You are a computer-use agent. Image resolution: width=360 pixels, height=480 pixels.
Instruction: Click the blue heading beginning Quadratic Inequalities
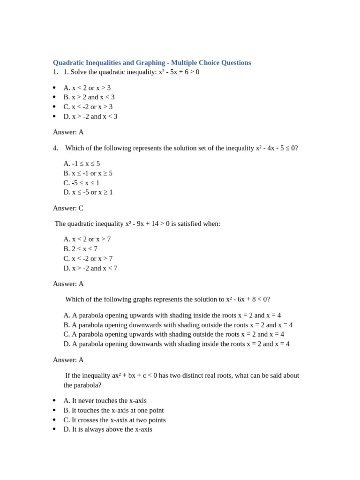click(152, 62)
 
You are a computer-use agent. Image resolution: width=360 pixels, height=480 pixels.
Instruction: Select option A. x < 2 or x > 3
click(87, 88)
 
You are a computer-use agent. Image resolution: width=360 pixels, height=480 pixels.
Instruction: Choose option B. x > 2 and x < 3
click(89, 97)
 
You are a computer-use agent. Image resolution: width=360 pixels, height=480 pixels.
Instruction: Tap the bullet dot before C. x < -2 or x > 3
click(54, 107)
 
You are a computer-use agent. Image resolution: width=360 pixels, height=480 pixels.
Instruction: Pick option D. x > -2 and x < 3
click(90, 116)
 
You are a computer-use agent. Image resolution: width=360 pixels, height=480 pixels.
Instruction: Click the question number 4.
click(55, 148)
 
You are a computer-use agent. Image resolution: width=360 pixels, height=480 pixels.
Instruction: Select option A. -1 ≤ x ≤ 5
click(82, 164)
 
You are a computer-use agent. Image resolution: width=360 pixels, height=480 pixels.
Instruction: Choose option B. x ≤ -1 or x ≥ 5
click(88, 173)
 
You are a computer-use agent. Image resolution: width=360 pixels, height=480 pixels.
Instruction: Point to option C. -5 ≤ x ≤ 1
click(82, 183)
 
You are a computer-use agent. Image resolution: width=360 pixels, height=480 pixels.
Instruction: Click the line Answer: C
click(68, 208)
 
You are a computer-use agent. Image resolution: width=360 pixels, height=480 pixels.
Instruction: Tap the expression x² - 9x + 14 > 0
click(147, 224)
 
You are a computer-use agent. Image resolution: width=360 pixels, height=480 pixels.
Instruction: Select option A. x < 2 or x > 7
click(87, 239)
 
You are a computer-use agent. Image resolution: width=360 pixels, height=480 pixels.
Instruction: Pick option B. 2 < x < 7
click(81, 249)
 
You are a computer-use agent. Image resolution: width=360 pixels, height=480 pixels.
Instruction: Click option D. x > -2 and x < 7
click(90, 268)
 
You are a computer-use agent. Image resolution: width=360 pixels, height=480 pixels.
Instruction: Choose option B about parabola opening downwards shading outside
click(178, 325)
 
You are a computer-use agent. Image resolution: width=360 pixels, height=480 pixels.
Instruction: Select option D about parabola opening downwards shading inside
click(176, 344)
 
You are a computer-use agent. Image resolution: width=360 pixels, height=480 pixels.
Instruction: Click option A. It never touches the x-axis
click(105, 401)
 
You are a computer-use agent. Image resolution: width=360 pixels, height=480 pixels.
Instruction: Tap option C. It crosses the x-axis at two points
click(114, 420)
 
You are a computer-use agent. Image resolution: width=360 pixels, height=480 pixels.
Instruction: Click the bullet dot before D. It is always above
click(54, 429)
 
